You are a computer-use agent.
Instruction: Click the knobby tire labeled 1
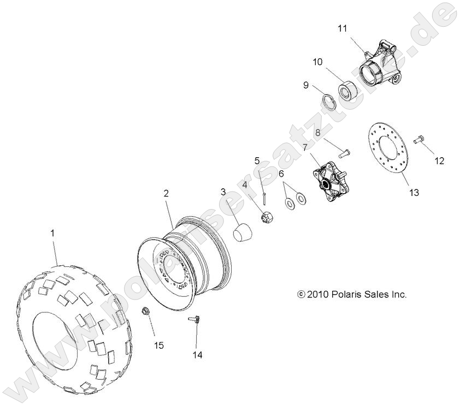click(76, 327)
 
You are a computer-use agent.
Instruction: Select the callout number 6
click(281, 174)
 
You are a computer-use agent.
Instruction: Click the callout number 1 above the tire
click(52, 233)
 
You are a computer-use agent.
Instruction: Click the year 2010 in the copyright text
click(316, 294)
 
